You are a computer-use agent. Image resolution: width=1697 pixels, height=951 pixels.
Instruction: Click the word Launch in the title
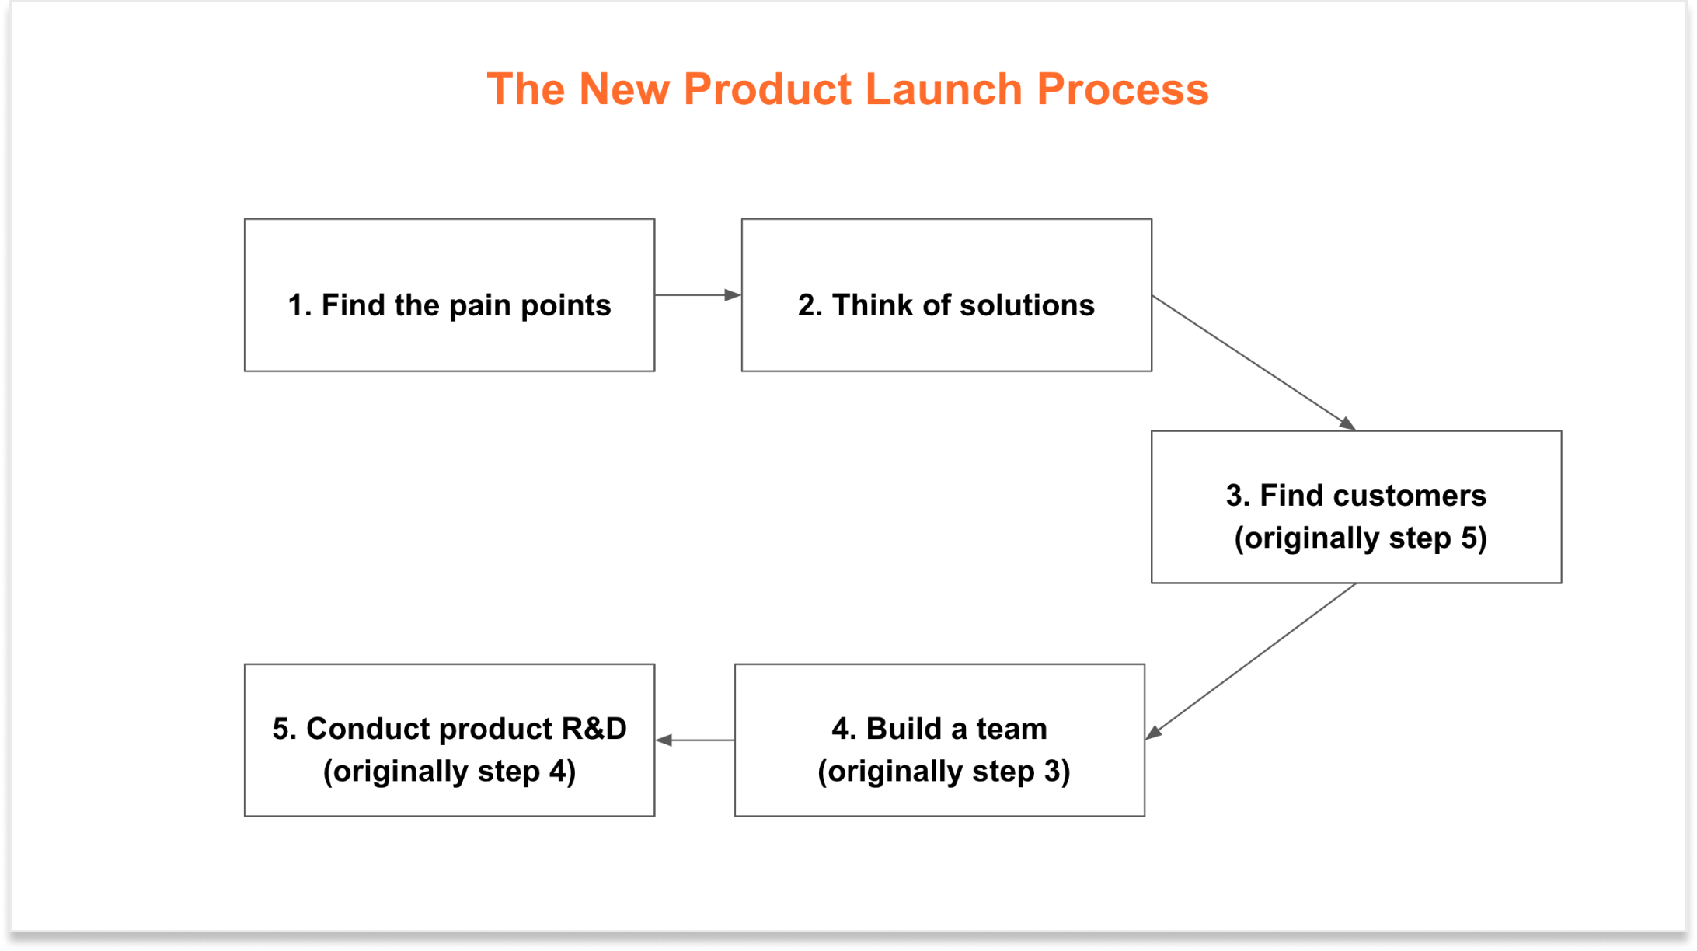click(943, 89)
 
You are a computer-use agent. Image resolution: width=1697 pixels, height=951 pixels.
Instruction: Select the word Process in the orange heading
click(1123, 89)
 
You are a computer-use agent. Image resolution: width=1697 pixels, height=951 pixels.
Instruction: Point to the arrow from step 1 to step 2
click(697, 295)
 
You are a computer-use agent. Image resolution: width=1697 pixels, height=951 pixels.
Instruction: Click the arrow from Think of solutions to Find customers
click(1253, 363)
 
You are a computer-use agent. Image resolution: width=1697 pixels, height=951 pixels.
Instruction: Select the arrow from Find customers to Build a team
click(1251, 661)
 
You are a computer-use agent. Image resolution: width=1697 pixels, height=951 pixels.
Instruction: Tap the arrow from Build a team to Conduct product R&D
click(695, 740)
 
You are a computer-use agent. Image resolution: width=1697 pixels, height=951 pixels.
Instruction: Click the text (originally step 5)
click(1361, 538)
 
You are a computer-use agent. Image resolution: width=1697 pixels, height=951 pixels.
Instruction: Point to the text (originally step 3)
click(943, 771)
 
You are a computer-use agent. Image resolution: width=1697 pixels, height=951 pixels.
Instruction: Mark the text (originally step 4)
click(449, 771)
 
